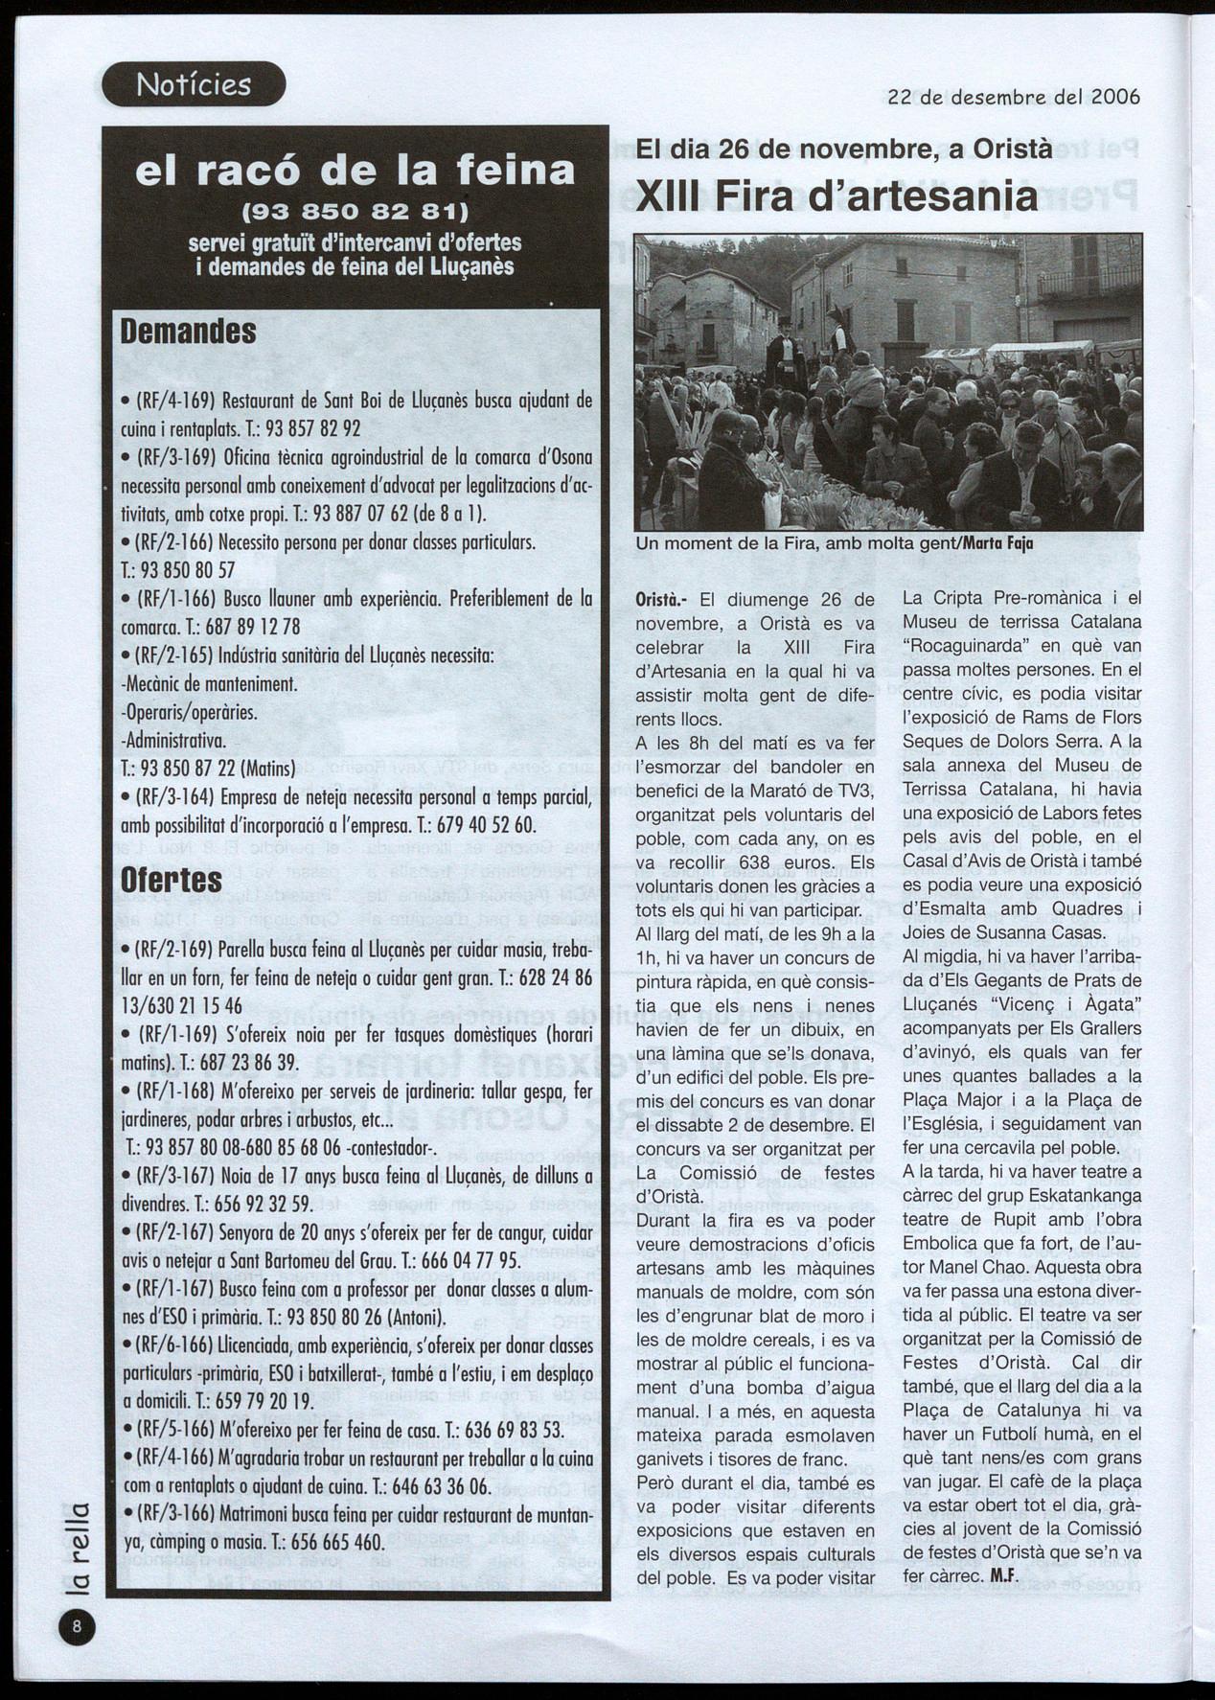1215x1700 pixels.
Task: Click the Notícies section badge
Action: tap(194, 84)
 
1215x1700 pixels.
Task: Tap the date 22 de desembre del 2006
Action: tap(1014, 97)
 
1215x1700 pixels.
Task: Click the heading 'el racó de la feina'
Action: tap(355, 171)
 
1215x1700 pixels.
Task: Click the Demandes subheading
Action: tap(188, 332)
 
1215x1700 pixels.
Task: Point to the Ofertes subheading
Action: tap(172, 881)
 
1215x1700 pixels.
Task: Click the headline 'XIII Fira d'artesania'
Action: tap(837, 196)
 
